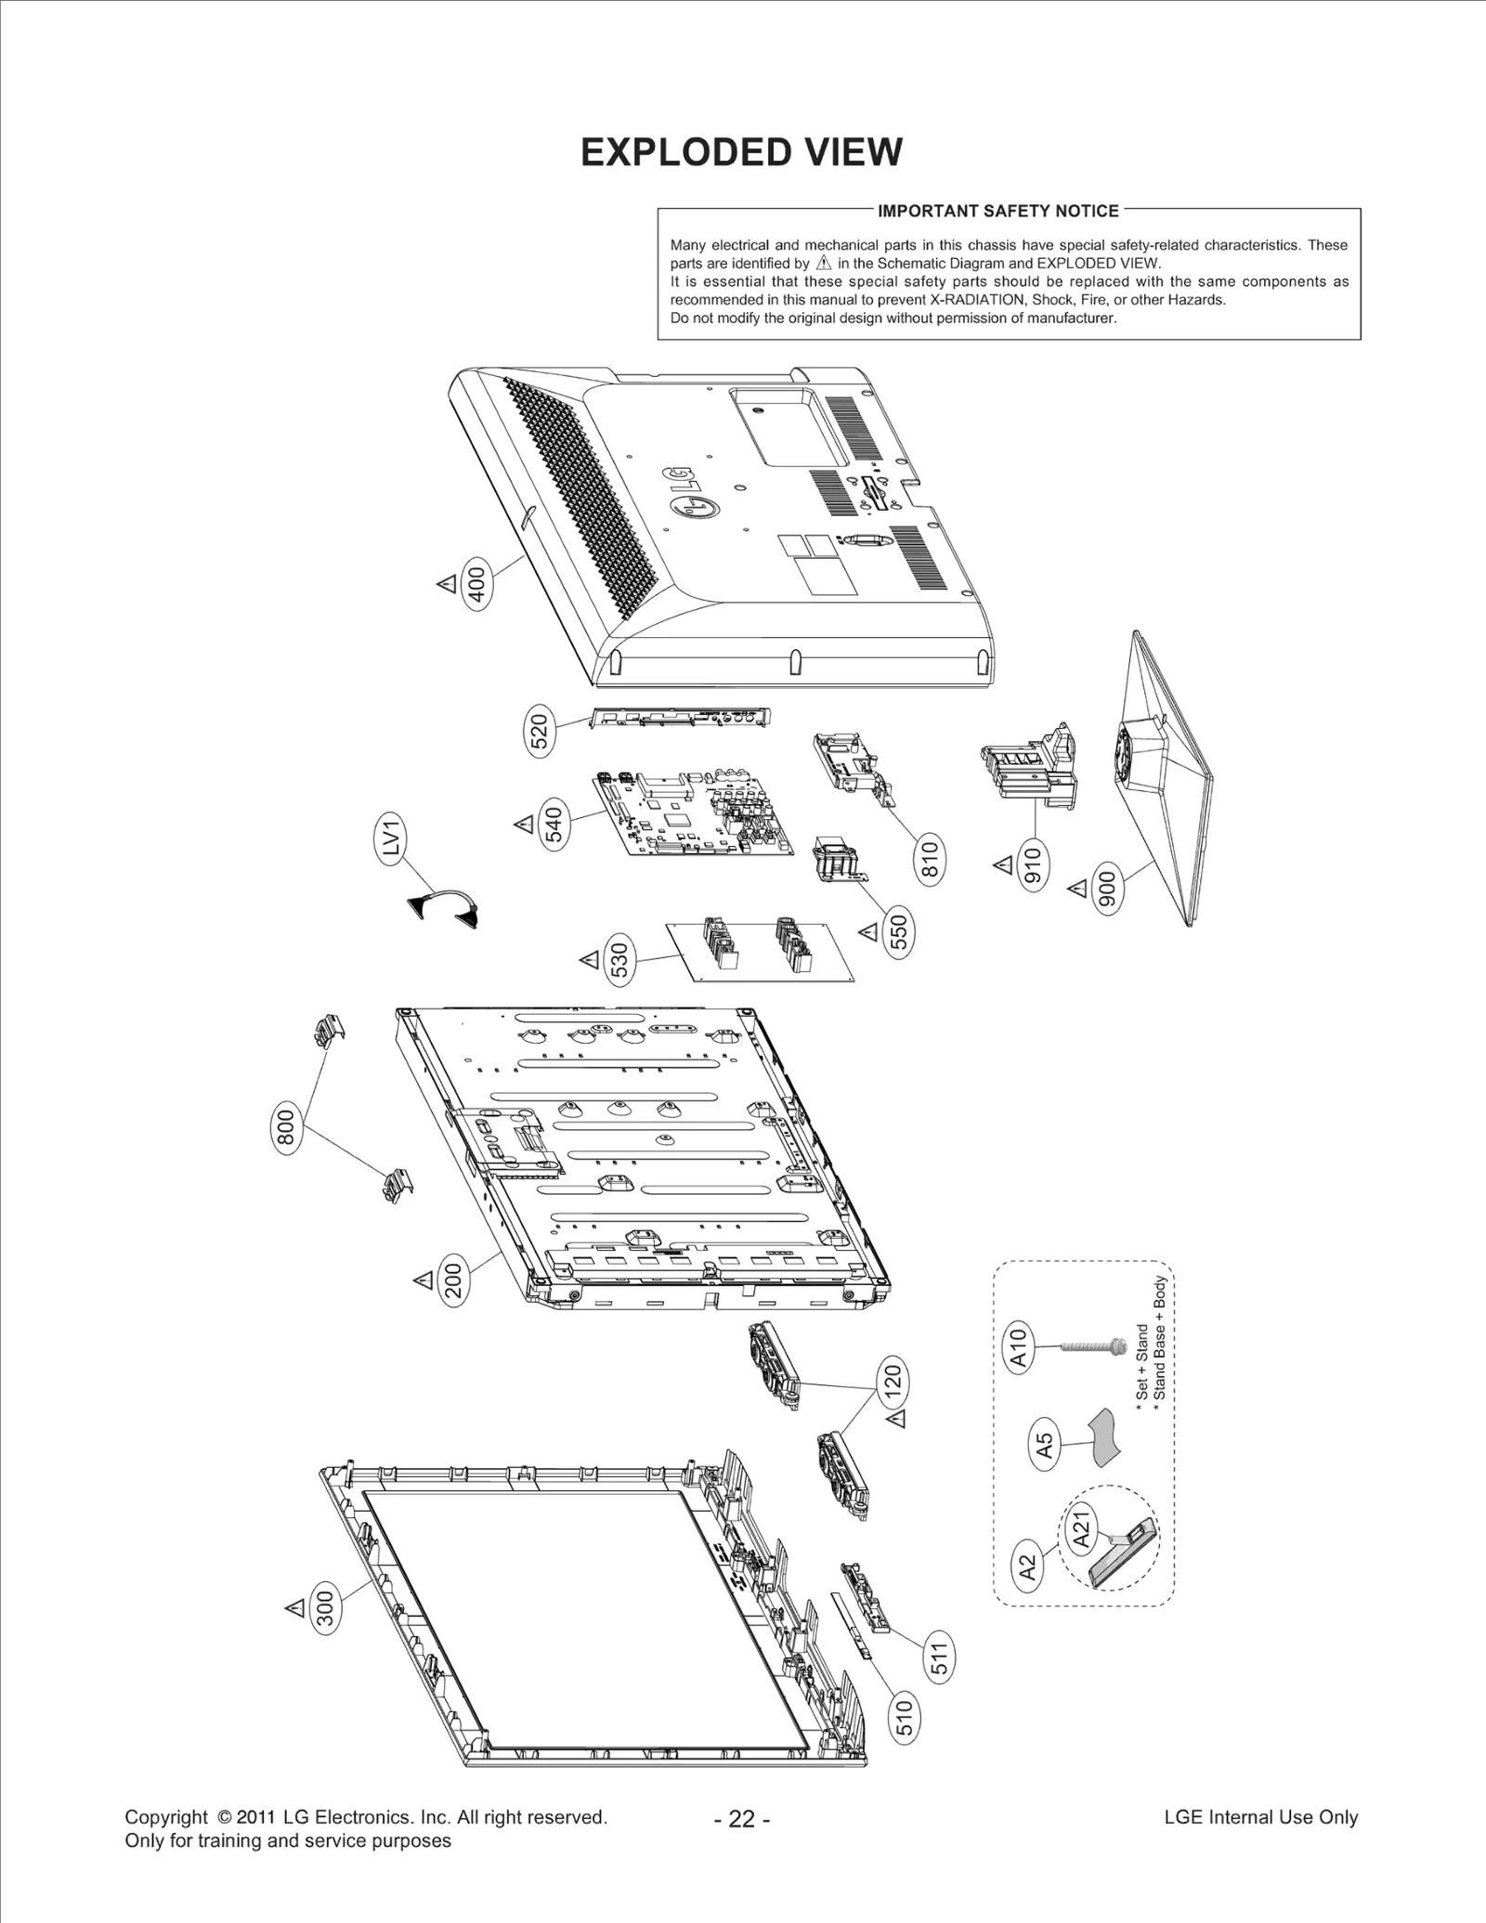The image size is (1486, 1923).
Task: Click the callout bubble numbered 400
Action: pyautogui.click(x=477, y=583)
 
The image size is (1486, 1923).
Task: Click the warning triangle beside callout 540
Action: pyautogui.click(x=523, y=824)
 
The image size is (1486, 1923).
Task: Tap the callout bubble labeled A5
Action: pyautogui.click(x=1044, y=1445)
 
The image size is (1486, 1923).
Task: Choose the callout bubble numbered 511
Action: pyautogui.click(x=940, y=1660)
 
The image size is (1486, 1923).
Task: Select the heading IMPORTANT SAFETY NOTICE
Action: pyautogui.click(x=998, y=211)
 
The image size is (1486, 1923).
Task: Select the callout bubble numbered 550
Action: pyautogui.click(x=898, y=931)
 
